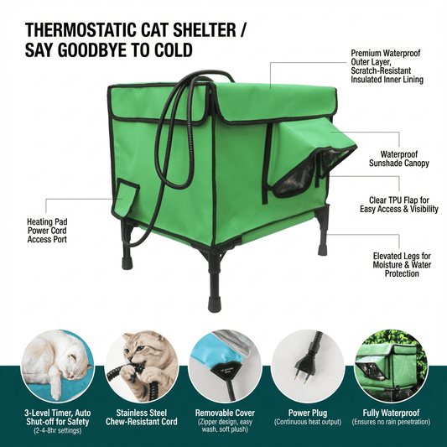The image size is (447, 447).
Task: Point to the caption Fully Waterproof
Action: pos(391,413)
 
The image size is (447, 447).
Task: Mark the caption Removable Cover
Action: pos(223,413)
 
